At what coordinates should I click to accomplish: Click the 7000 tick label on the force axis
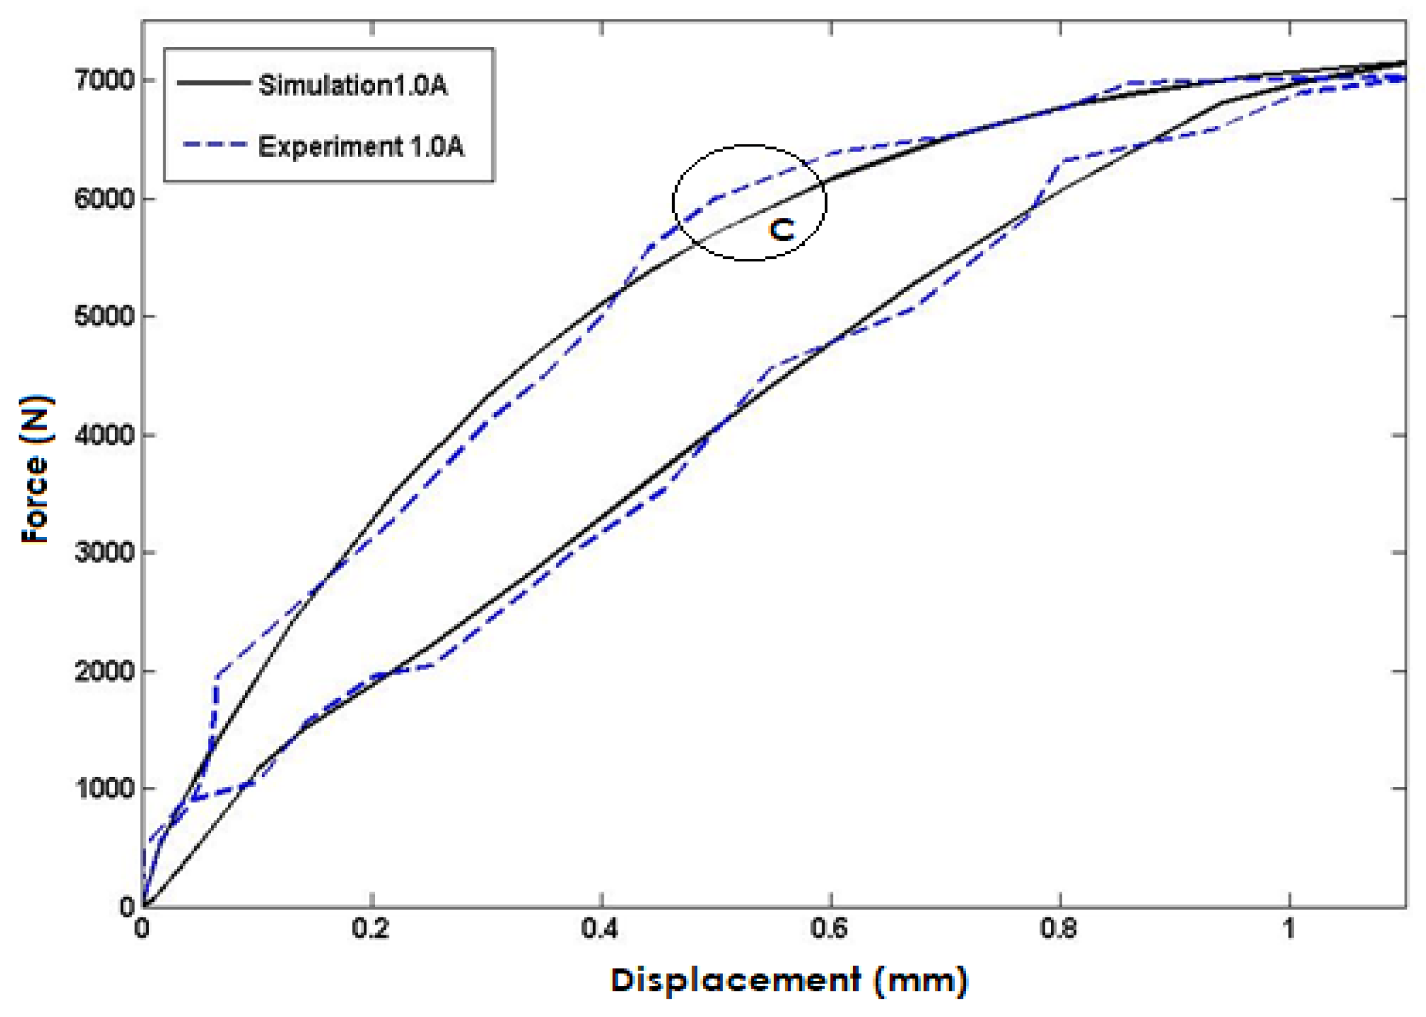coord(104,80)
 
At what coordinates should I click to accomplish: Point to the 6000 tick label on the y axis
coord(104,199)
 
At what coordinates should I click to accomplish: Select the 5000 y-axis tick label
coord(104,316)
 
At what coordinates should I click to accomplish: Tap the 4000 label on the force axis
coord(104,435)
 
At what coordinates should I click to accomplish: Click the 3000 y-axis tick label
coord(104,552)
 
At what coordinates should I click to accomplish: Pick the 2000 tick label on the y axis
coord(104,671)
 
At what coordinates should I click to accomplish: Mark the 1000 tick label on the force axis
coord(104,788)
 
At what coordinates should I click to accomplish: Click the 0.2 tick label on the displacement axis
coord(371,928)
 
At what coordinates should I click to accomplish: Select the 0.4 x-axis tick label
coord(600,928)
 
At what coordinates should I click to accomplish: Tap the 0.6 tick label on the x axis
coord(829,928)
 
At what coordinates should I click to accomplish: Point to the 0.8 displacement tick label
coord(1059,928)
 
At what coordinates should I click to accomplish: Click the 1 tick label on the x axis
coord(1289,928)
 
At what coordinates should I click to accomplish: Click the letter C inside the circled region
coord(781,231)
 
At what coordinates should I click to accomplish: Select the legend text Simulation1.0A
coord(353,85)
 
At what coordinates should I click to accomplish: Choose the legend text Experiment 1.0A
coord(361,146)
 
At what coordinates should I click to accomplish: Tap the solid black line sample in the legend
coord(213,82)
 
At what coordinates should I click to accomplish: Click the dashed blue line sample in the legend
coord(213,144)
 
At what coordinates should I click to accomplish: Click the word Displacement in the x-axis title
coord(736,981)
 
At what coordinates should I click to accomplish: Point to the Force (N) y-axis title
coord(36,469)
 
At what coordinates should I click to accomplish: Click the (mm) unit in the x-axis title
coord(920,981)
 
